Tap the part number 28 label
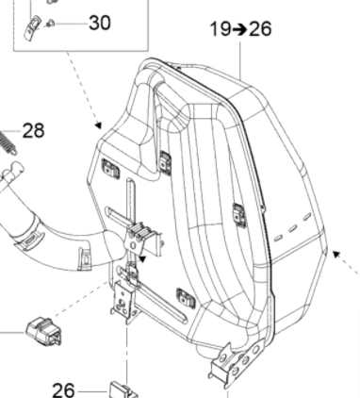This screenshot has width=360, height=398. pos(33,130)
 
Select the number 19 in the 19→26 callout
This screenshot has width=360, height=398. pos(221,28)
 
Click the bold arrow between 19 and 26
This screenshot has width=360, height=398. pos(241,29)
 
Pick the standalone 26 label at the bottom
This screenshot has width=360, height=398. pos(63,389)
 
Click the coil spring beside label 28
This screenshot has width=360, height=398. pos(8,142)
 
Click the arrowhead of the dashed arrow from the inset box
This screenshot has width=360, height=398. pos(97,124)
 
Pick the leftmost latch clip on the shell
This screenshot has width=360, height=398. pos(109,169)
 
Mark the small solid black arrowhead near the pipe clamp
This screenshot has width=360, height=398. pos(141,255)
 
